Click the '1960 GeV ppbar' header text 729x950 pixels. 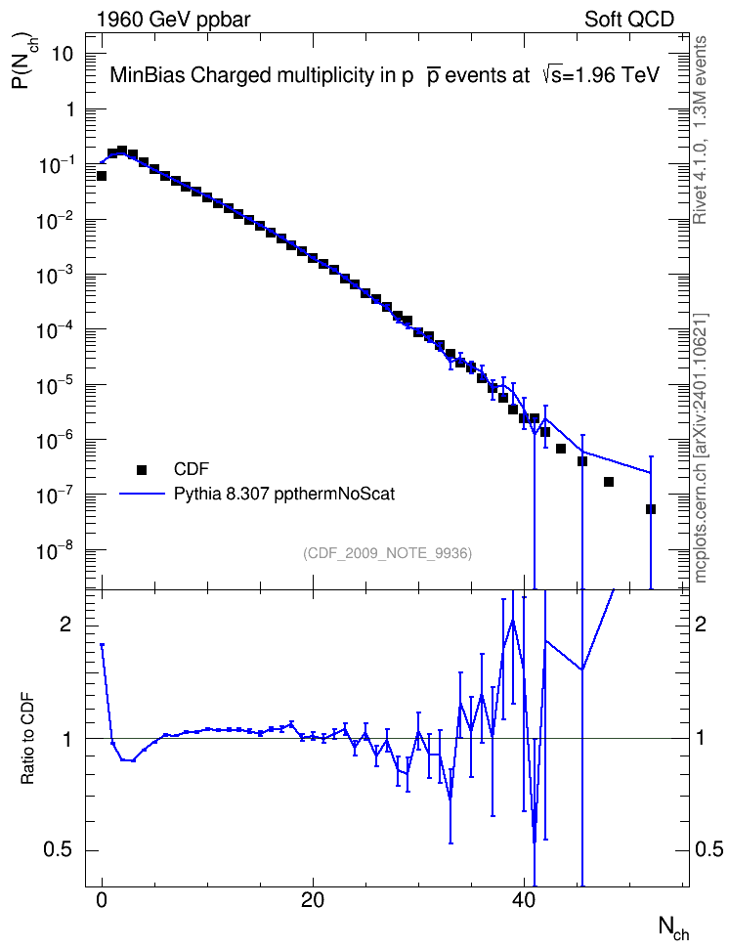pos(173,20)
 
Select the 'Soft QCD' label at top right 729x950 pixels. pos(629,20)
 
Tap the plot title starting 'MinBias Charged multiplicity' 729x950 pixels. pos(384,75)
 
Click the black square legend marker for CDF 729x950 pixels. pos(142,469)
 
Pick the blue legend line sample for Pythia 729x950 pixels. pos(142,494)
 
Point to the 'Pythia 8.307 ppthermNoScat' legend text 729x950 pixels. pos(284,495)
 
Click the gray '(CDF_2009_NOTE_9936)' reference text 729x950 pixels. pos(387,553)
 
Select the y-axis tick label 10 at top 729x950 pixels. pos(60,55)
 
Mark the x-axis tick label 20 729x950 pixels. pos(313,901)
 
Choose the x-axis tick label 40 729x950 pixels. pos(524,901)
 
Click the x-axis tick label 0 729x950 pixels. pos(102,901)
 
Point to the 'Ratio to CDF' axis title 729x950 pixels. pos(27,739)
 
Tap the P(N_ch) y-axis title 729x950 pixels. pos(23,61)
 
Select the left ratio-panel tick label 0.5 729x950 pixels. pos(59,850)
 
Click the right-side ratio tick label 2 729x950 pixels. pos(701,625)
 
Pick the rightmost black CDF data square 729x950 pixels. pos(651,509)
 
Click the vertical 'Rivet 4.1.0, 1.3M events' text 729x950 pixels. pos(700,130)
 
